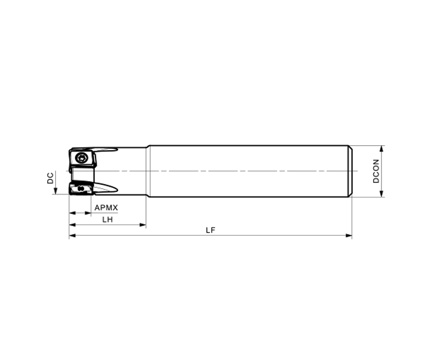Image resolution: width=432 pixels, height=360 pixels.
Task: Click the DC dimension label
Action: click(x=50, y=178)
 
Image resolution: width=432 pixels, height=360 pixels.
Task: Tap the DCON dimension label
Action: click(x=376, y=171)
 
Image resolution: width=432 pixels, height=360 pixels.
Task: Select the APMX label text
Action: click(x=106, y=208)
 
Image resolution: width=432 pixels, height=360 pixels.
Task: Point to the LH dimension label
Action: click(x=107, y=220)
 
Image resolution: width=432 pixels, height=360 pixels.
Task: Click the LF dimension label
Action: click(x=211, y=230)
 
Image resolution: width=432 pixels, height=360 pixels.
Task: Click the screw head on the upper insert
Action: click(x=81, y=158)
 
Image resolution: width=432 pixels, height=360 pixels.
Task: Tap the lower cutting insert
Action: click(x=80, y=188)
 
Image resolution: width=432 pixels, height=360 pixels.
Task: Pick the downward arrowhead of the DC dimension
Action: click(x=55, y=191)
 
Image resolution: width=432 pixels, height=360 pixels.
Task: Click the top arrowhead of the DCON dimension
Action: click(x=382, y=149)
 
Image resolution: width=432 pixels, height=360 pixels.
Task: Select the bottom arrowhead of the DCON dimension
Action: click(x=382, y=193)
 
